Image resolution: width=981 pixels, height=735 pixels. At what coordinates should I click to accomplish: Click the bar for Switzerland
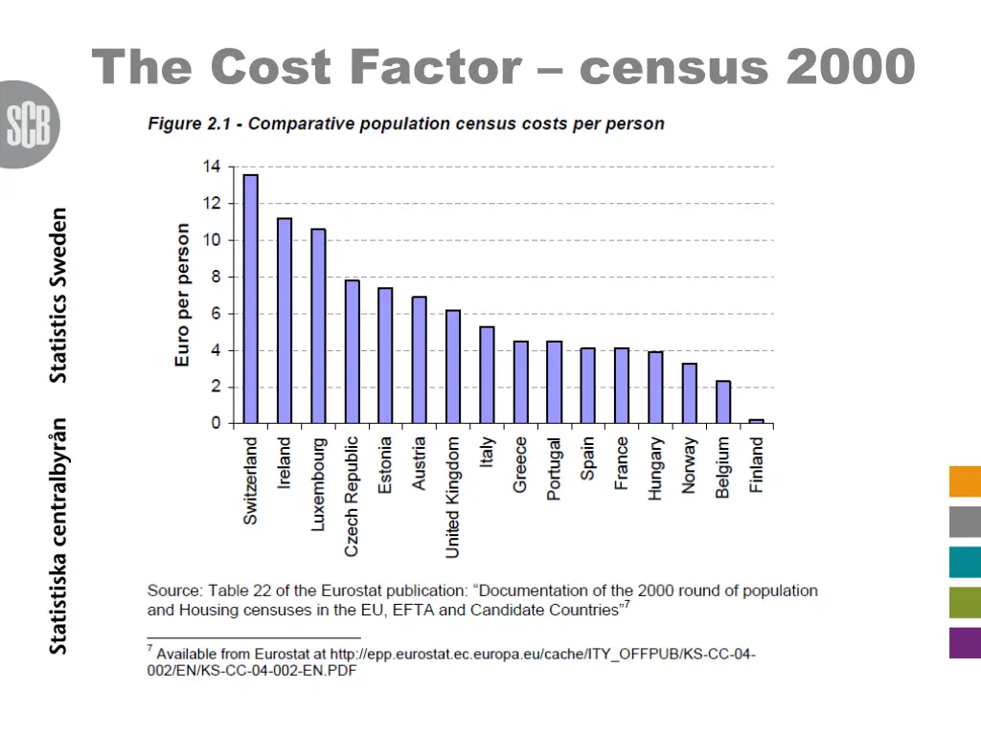coord(251,299)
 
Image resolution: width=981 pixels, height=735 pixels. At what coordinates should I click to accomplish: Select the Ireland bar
coord(285,321)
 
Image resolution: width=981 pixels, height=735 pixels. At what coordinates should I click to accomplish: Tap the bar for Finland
coord(757,421)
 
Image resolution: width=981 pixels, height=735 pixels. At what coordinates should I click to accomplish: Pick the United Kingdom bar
coord(453,367)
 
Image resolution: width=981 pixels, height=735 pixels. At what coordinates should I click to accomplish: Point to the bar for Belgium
coord(723,402)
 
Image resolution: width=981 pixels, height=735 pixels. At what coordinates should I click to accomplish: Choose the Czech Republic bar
coord(352,351)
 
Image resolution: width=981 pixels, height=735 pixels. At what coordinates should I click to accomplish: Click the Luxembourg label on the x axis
coord(319,484)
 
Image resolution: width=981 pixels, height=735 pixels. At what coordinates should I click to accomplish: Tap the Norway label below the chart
coord(689,465)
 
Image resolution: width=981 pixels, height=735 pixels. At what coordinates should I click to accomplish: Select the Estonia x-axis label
coord(385,465)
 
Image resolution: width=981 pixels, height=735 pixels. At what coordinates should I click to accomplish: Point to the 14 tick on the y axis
coord(211,167)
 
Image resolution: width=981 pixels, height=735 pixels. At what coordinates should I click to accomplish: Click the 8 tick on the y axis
coord(216,277)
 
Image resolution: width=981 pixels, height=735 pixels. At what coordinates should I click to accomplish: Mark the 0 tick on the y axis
coord(216,423)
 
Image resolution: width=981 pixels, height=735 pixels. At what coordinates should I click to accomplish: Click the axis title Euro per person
coord(182,295)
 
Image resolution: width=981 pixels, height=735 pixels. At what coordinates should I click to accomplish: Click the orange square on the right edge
coord(965,481)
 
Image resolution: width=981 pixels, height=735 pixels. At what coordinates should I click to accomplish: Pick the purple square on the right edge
coord(965,642)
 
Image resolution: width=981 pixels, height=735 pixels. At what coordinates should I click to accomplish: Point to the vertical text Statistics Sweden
coord(59,295)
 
